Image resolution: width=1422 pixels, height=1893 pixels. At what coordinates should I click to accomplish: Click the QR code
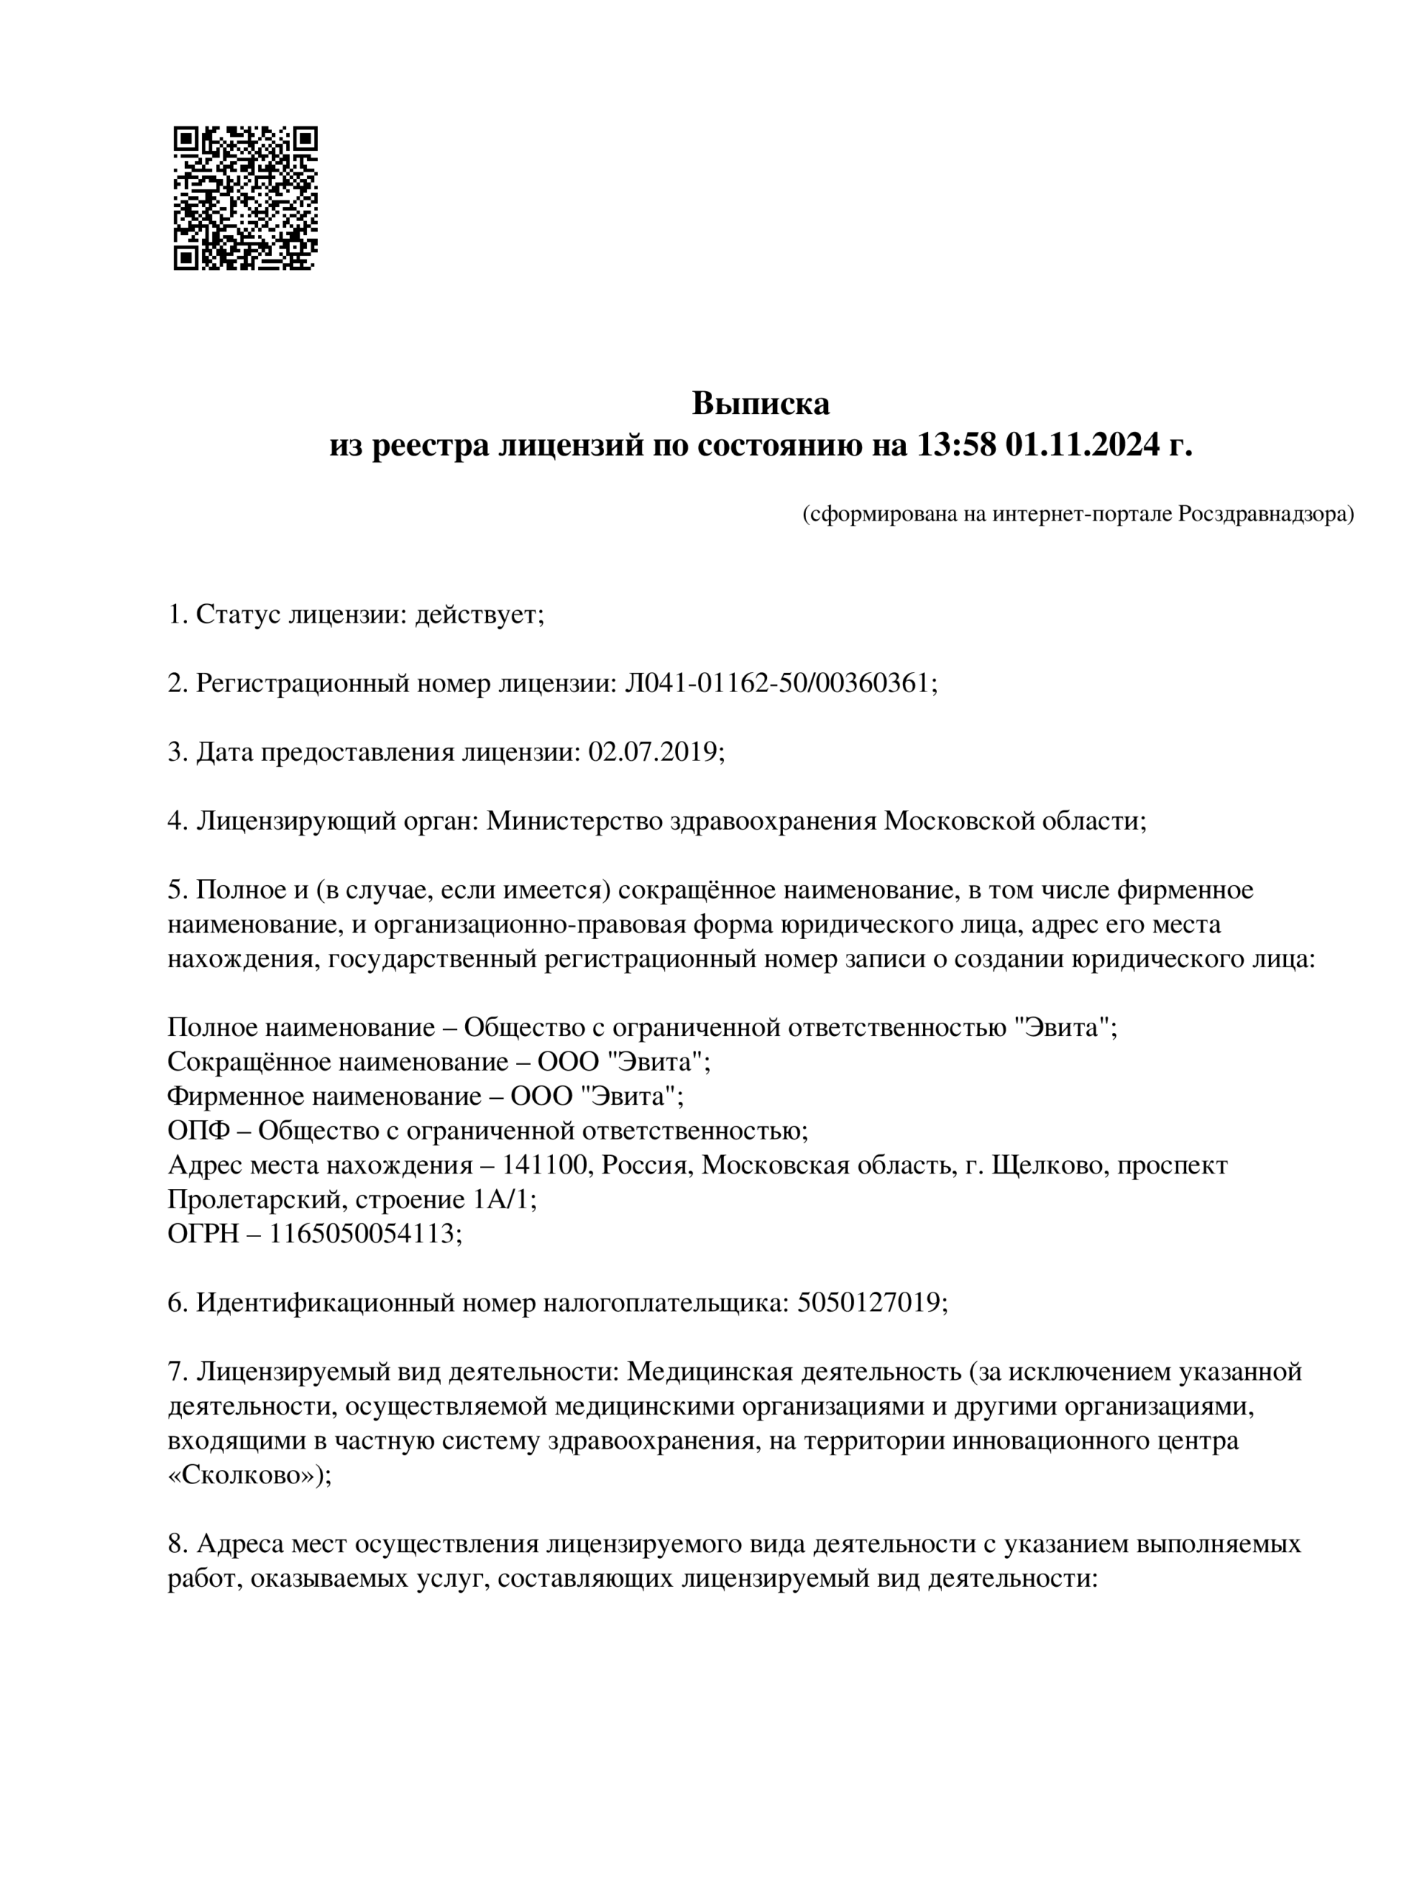246,197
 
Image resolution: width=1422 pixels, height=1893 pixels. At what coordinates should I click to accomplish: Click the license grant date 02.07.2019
654,751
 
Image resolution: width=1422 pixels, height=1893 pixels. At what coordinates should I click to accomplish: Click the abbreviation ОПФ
198,1131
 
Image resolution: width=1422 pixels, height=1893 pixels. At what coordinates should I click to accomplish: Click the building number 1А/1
503,1199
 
